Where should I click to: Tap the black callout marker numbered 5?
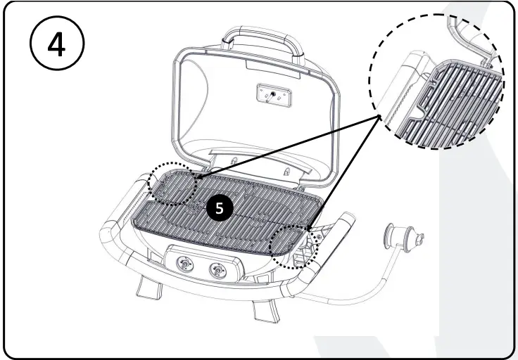(x=220, y=208)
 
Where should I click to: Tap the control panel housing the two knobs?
(x=201, y=264)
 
